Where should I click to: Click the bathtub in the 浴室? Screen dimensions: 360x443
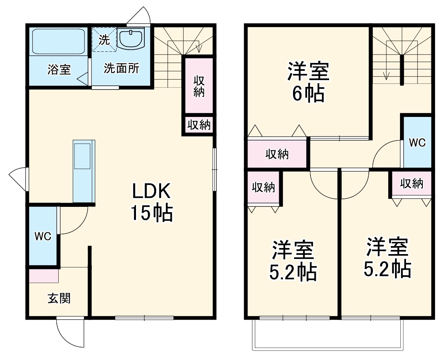58,42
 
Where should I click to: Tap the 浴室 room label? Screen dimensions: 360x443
59,70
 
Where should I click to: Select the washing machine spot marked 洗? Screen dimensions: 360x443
104,40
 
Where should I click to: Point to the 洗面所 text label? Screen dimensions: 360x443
122,69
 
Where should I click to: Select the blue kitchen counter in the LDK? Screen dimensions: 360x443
84,171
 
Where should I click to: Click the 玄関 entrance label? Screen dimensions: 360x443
59,298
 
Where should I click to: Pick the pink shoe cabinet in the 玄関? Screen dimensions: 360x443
44,276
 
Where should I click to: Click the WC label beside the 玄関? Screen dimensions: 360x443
43,237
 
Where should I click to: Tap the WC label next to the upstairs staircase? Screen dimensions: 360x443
417,142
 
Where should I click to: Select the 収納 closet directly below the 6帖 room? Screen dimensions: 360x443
277,154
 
